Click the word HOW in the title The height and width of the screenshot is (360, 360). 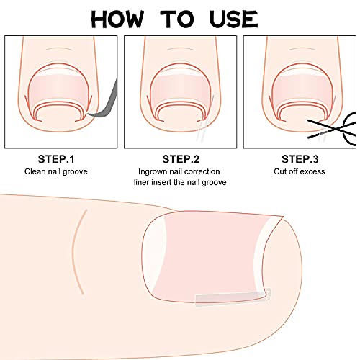[117, 19]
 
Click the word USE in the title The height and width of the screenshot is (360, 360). [233, 19]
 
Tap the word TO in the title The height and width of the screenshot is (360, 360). [177, 19]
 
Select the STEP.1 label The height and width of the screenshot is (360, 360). [56, 159]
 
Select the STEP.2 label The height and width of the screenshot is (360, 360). [181, 159]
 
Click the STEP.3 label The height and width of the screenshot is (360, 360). [300, 159]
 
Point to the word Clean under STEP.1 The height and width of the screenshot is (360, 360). [35, 171]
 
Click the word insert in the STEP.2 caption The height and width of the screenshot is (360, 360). [161, 182]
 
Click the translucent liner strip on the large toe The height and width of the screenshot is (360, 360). [233, 298]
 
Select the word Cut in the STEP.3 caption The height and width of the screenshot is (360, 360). [279, 171]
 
